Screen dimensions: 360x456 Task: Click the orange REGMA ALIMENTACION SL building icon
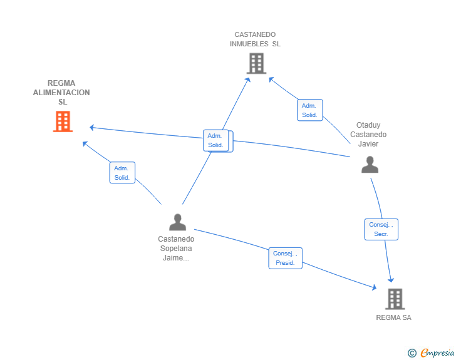click(63, 121)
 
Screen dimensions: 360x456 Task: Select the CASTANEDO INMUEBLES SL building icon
click(256, 63)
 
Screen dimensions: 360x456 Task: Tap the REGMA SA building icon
click(395, 299)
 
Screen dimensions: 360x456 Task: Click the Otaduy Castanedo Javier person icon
click(370, 164)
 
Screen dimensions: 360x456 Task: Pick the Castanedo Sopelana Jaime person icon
click(178, 222)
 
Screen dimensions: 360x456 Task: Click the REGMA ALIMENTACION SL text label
click(62, 93)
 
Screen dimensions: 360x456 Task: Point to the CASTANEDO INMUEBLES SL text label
click(255, 39)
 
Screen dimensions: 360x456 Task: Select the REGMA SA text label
click(393, 317)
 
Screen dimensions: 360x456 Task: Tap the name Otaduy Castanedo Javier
click(368, 135)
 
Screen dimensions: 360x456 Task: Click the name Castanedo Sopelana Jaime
click(176, 248)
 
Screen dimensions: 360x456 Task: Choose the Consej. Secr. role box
click(381, 229)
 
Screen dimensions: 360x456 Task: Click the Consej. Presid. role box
click(286, 258)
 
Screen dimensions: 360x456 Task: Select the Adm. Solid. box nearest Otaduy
click(309, 110)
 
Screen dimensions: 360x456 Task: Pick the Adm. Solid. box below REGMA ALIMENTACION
click(122, 173)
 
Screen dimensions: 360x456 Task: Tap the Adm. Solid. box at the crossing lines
click(216, 140)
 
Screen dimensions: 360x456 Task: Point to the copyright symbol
click(412, 353)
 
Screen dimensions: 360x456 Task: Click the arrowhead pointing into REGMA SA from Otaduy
click(391, 280)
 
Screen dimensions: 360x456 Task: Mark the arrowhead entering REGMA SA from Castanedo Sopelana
click(375, 287)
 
